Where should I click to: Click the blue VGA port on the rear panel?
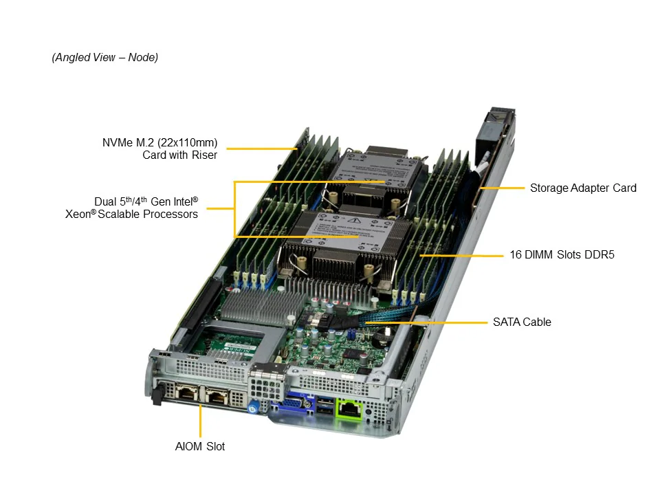293,404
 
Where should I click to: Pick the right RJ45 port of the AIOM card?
217,397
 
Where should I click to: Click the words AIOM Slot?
200,446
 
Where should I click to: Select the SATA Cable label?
522,322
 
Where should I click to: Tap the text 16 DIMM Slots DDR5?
562,254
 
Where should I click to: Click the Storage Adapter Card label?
583,188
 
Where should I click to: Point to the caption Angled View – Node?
104,57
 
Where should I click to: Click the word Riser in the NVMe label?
204,155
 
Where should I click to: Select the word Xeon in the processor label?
78,214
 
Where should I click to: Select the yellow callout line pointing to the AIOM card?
200,421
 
